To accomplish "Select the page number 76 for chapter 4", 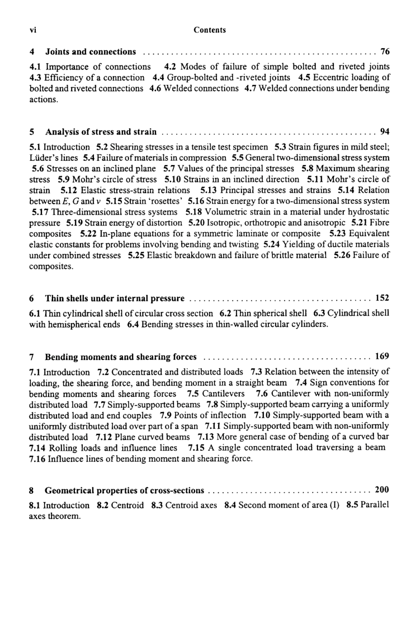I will [x=385, y=52].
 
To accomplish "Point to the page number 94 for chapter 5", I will [x=385, y=132].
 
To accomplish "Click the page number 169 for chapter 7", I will [x=382, y=356].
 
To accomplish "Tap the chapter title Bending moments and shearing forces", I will [x=121, y=356].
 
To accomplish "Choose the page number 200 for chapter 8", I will [x=382, y=490].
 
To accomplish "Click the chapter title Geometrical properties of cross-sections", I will [x=124, y=490].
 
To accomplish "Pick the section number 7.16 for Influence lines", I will [x=39, y=459].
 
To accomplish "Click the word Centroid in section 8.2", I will [x=128, y=504].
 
